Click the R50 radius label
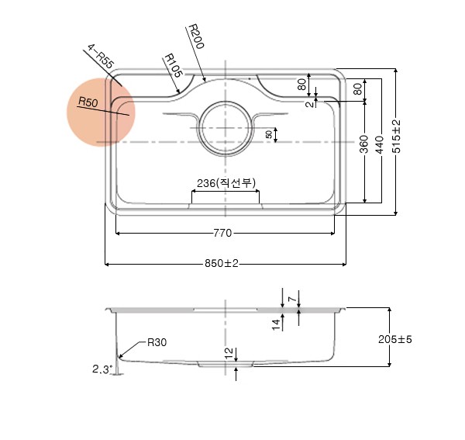(x=88, y=102)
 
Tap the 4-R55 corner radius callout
(x=101, y=57)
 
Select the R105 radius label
(x=173, y=65)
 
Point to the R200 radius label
(x=196, y=36)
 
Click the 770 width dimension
(x=222, y=233)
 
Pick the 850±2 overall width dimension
(x=222, y=263)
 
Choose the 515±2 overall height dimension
(x=397, y=137)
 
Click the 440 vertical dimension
(x=380, y=144)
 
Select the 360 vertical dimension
(x=364, y=144)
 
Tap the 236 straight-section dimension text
(x=226, y=183)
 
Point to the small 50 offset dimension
(x=269, y=134)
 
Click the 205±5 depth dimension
(x=395, y=339)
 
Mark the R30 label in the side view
(x=157, y=343)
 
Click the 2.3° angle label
(x=102, y=369)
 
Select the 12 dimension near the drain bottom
(x=229, y=353)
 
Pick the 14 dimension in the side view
(x=276, y=324)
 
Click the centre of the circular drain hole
(x=226, y=128)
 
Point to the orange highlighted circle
(x=101, y=113)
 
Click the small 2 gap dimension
(x=309, y=104)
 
